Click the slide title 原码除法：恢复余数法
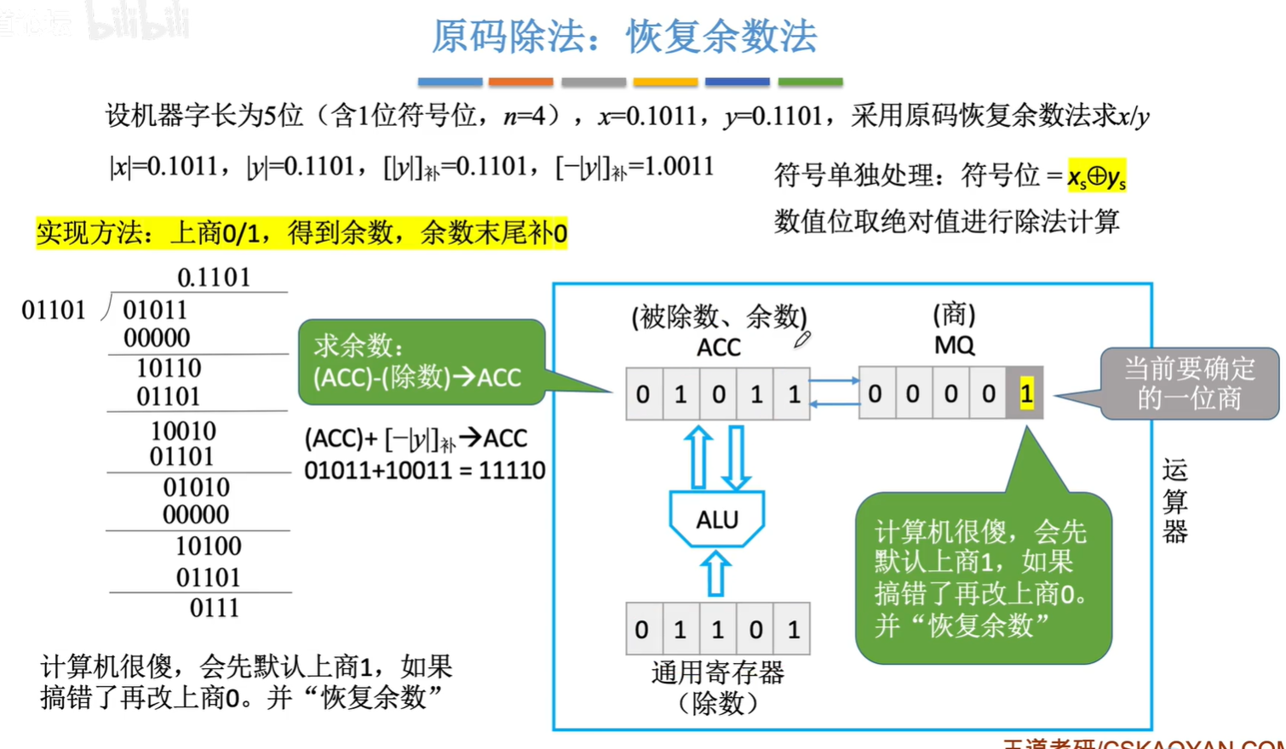tap(624, 37)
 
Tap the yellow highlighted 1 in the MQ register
tap(1026, 393)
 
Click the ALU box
tap(717, 519)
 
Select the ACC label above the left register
tap(719, 347)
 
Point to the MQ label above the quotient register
tap(954, 346)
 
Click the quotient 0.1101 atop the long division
tap(214, 277)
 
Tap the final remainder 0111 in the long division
tap(215, 608)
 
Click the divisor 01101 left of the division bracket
tap(54, 311)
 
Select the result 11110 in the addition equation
tap(512, 471)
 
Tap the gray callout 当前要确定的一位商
tap(1189, 383)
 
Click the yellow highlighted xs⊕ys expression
tap(1097, 176)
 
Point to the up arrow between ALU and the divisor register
tap(716, 574)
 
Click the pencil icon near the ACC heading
tap(802, 340)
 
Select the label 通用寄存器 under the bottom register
tap(717, 673)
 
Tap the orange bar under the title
tap(520, 83)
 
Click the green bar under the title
tap(810, 83)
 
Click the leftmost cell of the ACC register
tap(643, 394)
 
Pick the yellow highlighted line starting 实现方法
tap(301, 232)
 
